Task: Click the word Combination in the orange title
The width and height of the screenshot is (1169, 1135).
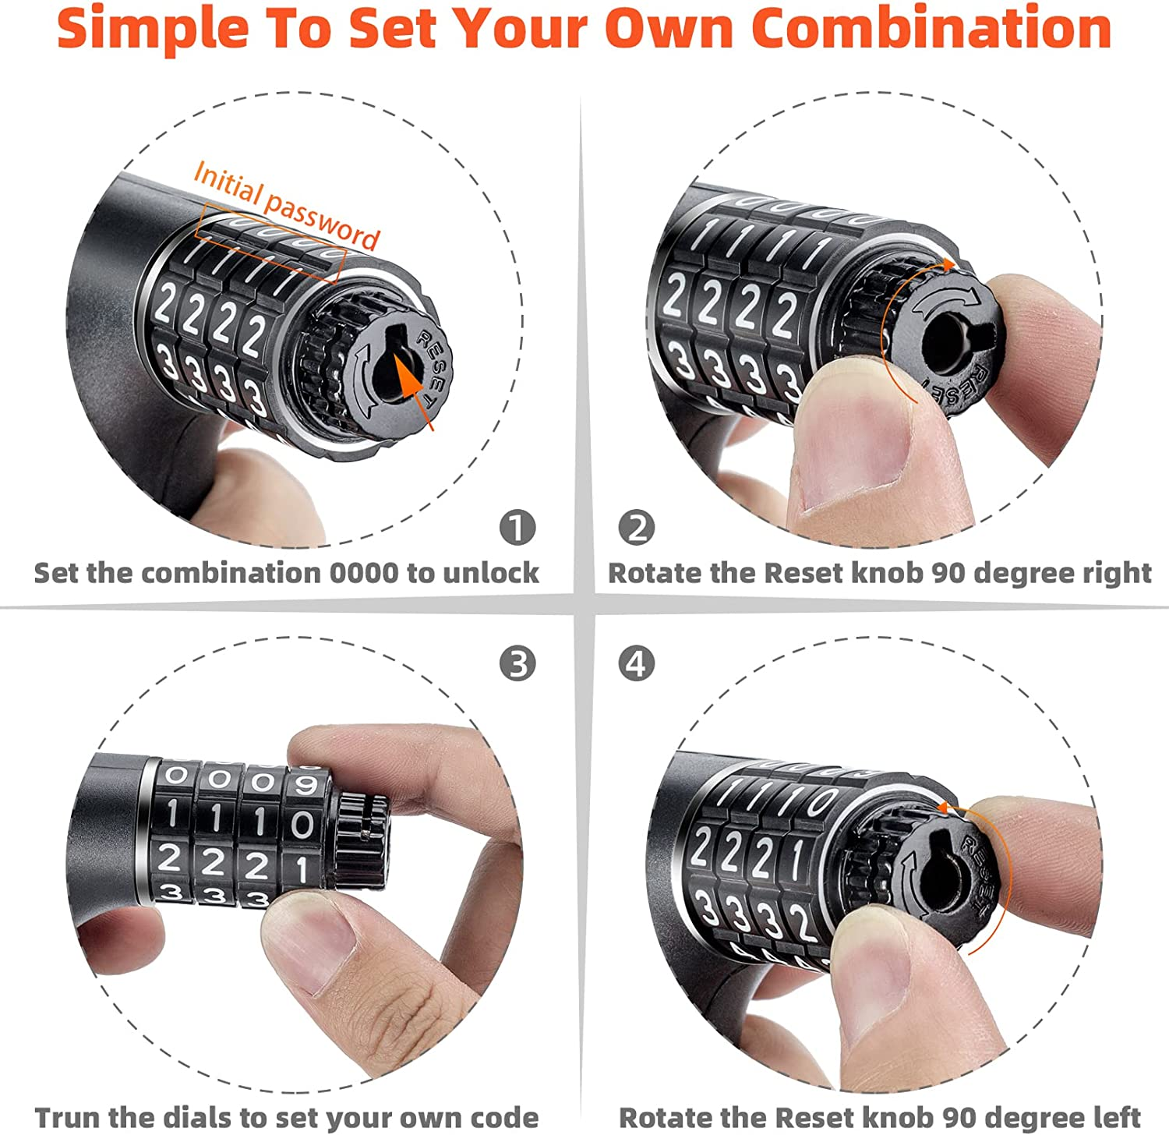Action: [931, 29]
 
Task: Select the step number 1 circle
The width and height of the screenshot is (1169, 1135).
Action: [517, 529]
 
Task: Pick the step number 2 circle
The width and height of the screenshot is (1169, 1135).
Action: [636, 529]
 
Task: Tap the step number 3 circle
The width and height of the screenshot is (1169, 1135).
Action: [517, 664]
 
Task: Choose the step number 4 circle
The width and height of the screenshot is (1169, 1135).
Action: [636, 664]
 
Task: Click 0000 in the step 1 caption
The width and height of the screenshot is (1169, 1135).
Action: [363, 573]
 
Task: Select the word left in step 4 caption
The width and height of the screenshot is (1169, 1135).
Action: [1118, 1117]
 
